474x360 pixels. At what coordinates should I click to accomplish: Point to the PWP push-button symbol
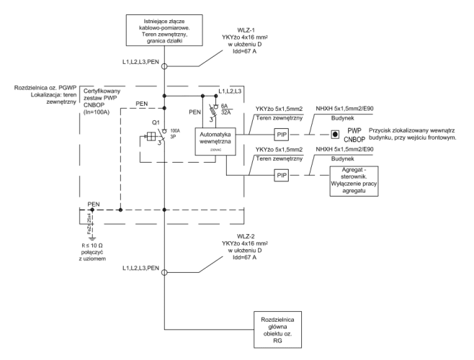point(334,134)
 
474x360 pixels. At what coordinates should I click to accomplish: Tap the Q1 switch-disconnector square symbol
point(152,135)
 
